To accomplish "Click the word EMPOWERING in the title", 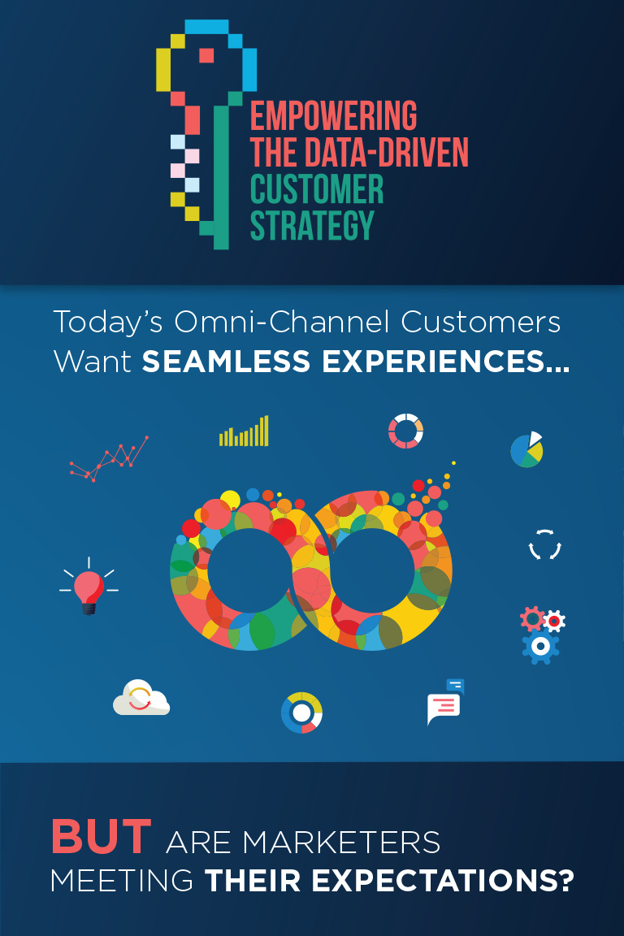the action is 333,115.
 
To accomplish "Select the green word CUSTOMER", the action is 317,189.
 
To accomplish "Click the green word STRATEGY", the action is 312,226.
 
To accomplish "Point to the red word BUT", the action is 101,836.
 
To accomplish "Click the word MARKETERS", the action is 341,842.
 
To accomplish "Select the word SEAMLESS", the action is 226,361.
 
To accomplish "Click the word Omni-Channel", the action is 284,322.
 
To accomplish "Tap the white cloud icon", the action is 141,697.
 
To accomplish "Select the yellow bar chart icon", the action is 244,431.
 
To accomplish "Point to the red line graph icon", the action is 109,458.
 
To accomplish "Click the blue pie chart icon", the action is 526,450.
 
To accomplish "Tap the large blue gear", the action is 540,647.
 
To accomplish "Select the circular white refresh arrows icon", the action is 545,544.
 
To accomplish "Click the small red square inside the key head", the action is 206,55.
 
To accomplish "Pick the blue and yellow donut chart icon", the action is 301,713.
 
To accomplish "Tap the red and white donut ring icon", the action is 405,431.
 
